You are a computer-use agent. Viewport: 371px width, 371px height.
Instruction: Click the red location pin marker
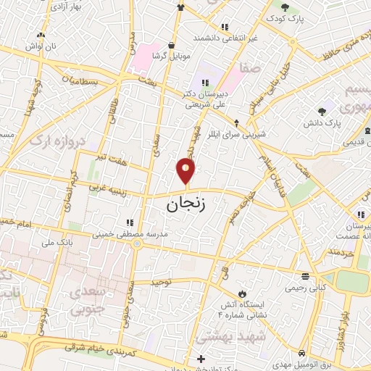186,172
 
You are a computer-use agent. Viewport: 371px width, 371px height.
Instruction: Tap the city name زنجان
186,204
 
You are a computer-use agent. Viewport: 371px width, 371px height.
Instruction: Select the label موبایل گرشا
170,56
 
